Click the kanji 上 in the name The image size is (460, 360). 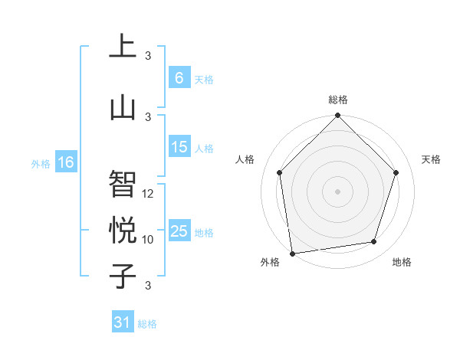click(122, 47)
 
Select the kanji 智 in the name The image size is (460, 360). click(122, 184)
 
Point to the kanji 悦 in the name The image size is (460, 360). click(122, 230)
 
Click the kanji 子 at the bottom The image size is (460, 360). click(122, 275)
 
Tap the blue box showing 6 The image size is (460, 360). click(179, 77)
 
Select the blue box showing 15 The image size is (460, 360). click(179, 147)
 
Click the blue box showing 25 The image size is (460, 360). click(179, 231)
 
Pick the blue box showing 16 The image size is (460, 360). click(66, 162)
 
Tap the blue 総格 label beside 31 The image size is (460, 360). click(147, 324)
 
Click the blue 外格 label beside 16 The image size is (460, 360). click(41, 163)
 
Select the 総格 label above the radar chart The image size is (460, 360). click(338, 100)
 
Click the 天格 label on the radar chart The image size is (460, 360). click(431, 159)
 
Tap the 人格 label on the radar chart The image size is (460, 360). click(245, 159)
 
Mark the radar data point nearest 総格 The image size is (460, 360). click(338, 116)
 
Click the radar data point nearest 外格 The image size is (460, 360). click(292, 253)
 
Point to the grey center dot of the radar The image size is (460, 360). click(338, 191)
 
